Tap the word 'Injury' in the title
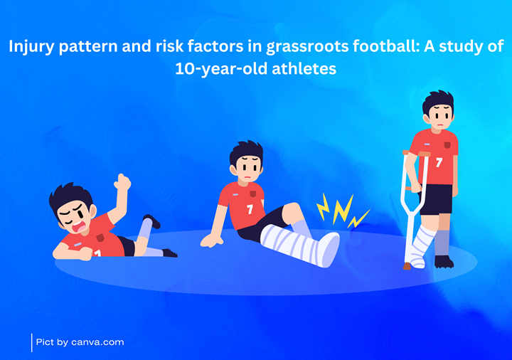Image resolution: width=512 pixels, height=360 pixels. point(31,47)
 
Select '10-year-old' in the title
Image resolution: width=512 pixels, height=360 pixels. point(221,69)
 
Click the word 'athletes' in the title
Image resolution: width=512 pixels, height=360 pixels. point(304,69)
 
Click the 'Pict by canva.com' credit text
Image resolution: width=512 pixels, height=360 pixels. point(80,342)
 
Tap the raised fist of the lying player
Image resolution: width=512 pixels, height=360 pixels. point(122,182)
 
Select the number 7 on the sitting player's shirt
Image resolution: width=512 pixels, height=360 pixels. point(250,209)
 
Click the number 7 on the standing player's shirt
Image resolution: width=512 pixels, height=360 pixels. point(439,162)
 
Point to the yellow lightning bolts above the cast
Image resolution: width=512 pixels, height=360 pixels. point(341,211)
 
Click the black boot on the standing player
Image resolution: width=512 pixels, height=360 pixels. point(444,262)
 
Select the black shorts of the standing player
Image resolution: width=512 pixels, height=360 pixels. point(436,199)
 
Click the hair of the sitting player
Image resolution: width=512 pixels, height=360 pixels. point(246,152)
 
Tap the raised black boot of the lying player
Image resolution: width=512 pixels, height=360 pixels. point(152,221)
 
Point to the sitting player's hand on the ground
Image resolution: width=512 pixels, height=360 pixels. point(212,240)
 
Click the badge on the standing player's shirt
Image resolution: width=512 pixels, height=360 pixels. point(447,144)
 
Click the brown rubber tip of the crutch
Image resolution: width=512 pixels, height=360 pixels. point(407,266)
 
